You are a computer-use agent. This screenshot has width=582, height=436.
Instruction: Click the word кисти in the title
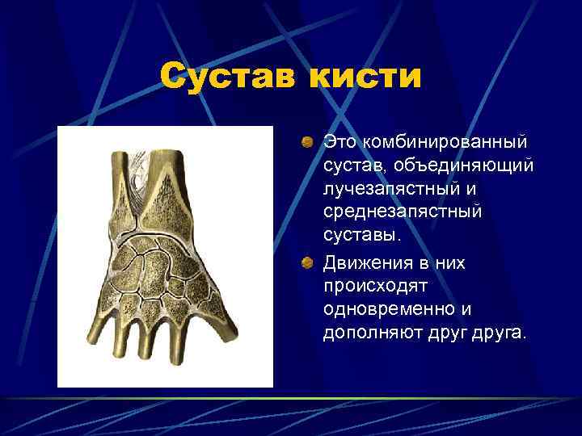point(375,78)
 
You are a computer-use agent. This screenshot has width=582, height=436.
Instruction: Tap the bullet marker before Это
point(308,143)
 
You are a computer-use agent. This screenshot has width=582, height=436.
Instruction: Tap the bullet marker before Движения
point(308,264)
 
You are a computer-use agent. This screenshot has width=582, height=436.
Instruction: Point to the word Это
point(339,142)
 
